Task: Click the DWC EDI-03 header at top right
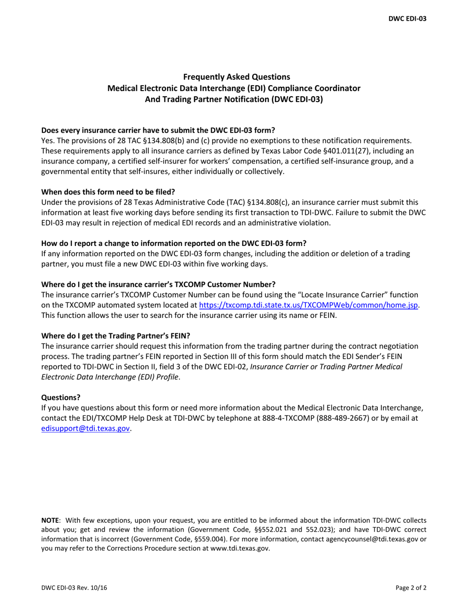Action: click(407, 19)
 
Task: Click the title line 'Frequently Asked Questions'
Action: click(236, 77)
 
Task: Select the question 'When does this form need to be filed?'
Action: click(108, 192)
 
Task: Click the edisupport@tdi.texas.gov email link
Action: click(85, 428)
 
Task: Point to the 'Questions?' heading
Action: click(61, 397)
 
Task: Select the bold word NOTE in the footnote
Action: click(50, 520)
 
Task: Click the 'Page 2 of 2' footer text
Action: click(410, 587)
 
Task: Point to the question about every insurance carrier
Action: click(158, 130)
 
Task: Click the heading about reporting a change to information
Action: click(173, 243)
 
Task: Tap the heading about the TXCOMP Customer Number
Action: click(158, 284)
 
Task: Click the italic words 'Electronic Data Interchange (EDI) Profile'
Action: click(110, 377)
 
